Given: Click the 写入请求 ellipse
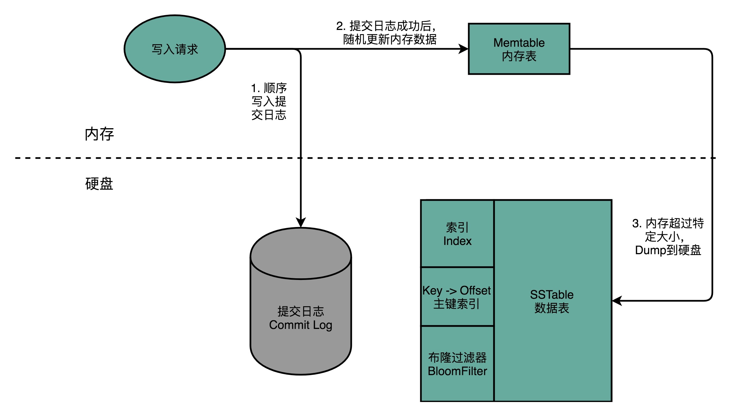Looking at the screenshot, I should tap(175, 49).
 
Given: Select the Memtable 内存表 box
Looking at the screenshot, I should tap(519, 49).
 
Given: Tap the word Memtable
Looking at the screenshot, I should tap(519, 43).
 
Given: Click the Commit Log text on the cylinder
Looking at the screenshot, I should tap(301, 325).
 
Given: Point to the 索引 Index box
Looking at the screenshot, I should tap(457, 234).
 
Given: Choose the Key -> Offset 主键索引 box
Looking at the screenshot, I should tap(457, 297).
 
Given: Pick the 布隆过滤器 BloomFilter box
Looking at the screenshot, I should tap(457, 364).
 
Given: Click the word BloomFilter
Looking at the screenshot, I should tap(457, 371).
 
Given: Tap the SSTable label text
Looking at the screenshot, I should tap(552, 295).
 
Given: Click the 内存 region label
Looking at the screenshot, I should tap(99, 134).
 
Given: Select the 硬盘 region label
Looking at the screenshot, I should tap(99, 184).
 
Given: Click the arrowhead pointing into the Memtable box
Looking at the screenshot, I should tap(463, 49).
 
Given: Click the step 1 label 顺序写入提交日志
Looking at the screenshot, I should tap(269, 101).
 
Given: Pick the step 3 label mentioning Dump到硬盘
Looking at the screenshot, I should tap(668, 237).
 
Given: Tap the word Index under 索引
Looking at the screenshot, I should tap(457, 241).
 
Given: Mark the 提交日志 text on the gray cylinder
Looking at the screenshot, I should tap(301, 311).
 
